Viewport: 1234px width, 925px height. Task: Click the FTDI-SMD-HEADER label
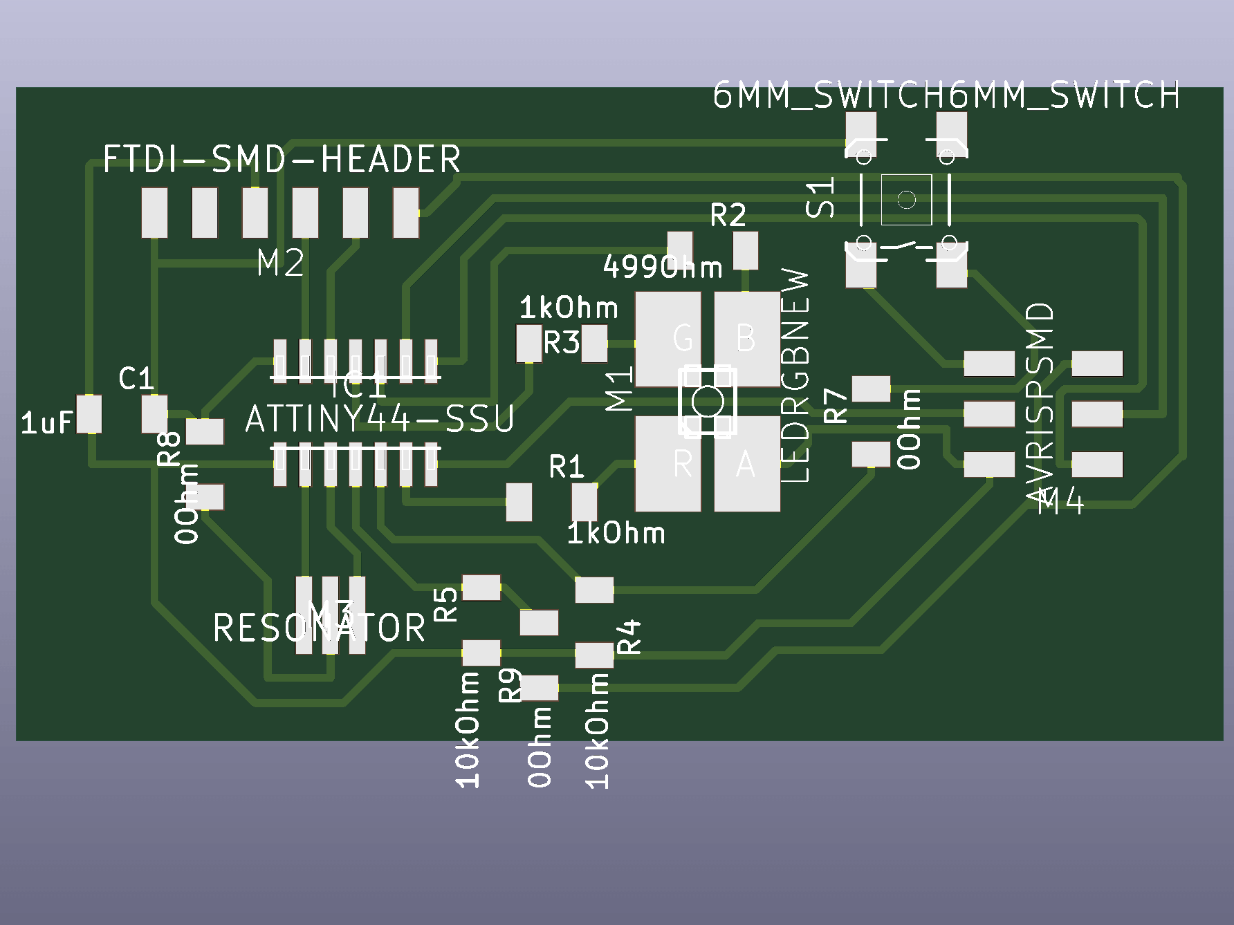pyautogui.click(x=282, y=160)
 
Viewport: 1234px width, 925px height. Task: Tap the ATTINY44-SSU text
pyautogui.click(x=380, y=419)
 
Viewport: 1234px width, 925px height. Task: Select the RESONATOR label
pyautogui.click(x=319, y=628)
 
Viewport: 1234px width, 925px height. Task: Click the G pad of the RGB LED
pyautogui.click(x=668, y=339)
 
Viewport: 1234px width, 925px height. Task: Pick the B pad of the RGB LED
pyautogui.click(x=747, y=339)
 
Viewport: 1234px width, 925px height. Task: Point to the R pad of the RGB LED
pyautogui.click(x=668, y=464)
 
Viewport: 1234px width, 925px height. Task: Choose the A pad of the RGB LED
pyautogui.click(x=747, y=464)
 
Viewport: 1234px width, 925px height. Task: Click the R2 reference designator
pyautogui.click(x=728, y=216)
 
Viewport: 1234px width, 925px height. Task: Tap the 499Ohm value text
pyautogui.click(x=663, y=267)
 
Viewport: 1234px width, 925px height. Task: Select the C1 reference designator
pyautogui.click(x=136, y=378)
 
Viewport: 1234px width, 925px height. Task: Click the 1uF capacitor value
pyautogui.click(x=46, y=422)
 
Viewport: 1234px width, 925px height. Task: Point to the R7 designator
pyautogui.click(x=836, y=406)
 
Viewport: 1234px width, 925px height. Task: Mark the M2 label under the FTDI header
pyautogui.click(x=280, y=263)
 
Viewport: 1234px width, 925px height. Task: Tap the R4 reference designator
pyautogui.click(x=629, y=637)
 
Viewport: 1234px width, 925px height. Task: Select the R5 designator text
pyautogui.click(x=446, y=604)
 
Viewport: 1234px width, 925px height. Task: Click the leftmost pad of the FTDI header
pyautogui.click(x=154, y=213)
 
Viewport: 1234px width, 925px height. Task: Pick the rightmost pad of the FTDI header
pyautogui.click(x=406, y=213)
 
